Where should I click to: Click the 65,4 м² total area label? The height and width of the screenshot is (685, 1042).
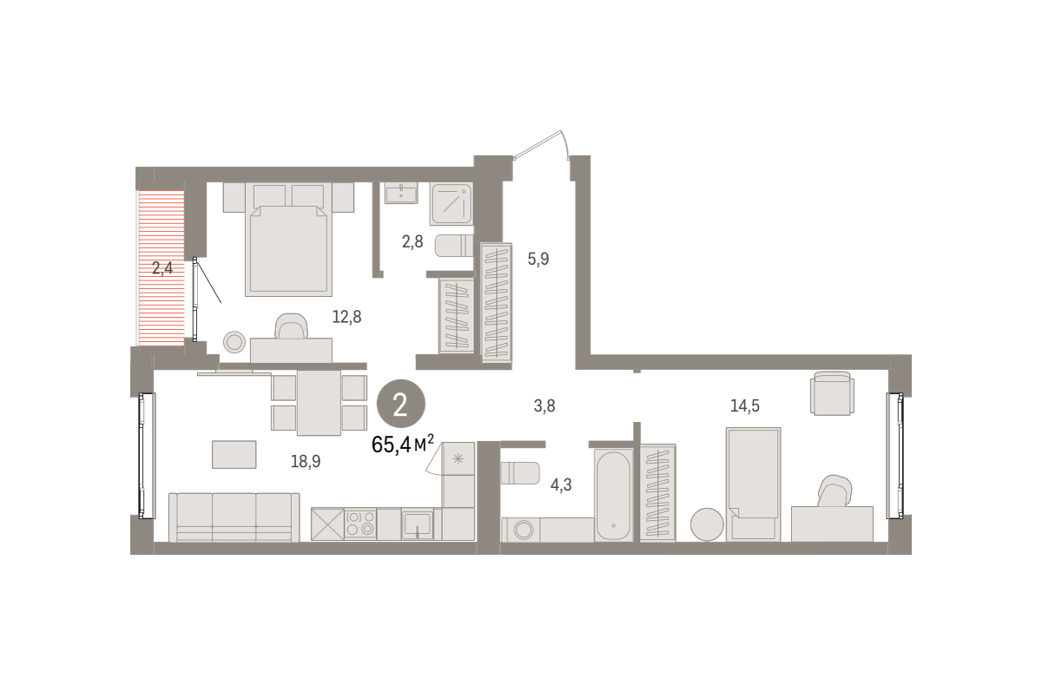coord(403,445)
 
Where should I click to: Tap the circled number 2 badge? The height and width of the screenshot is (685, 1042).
coord(400,404)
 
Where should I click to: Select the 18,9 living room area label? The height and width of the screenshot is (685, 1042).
coord(306,461)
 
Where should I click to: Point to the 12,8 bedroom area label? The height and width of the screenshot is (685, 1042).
coord(346,317)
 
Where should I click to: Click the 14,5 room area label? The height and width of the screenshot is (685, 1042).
coord(745,406)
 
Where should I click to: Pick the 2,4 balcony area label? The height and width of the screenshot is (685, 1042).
coord(162,268)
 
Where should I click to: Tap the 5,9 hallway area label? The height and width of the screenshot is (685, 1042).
coord(538,259)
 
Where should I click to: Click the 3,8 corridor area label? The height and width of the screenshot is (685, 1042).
coord(544,406)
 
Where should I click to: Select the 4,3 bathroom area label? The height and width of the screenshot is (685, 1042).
coord(561,485)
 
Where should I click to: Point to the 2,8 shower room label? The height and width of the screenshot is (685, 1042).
coord(412,242)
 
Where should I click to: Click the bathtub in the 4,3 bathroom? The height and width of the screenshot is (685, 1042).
coord(614,495)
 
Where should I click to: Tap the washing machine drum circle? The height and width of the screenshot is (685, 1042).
coord(524,530)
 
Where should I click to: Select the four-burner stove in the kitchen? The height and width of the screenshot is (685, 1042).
coord(360,524)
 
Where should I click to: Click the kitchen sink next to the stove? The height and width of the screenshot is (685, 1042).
coord(418,524)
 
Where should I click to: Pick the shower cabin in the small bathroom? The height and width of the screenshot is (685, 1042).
coord(452,204)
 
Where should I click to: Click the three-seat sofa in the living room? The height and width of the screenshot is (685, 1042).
coord(234,517)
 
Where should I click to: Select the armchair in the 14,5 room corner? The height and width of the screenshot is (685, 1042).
coord(832,393)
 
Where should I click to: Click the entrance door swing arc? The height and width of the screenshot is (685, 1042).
coord(565,144)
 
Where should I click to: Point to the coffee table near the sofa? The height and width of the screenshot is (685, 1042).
coord(234,454)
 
